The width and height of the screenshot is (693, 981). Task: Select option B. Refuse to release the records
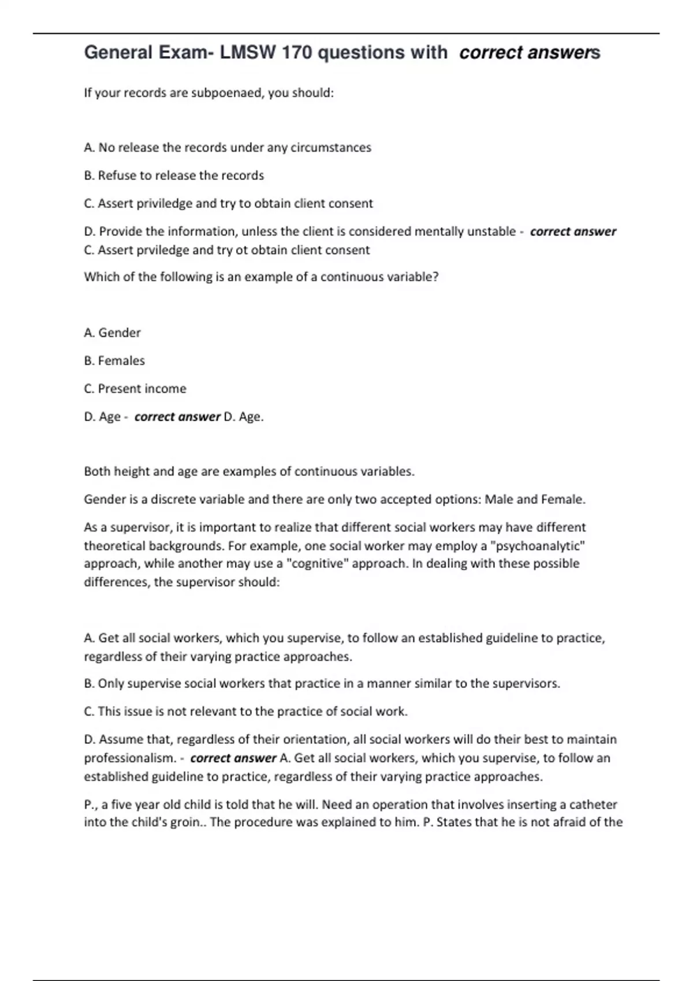174,175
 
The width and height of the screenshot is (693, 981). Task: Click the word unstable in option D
491,231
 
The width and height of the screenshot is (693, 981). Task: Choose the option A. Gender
112,333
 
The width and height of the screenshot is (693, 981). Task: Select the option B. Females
114,361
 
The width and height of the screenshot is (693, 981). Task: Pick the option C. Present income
135,389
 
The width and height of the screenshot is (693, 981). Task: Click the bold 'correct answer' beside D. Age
177,417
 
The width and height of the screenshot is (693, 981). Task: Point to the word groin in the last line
189,822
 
